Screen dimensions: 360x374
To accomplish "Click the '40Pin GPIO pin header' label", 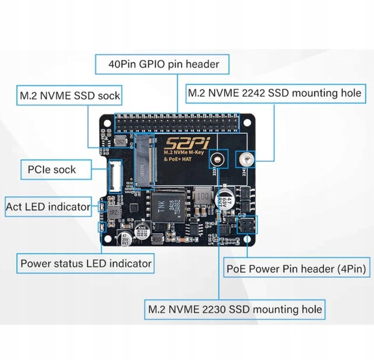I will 163,64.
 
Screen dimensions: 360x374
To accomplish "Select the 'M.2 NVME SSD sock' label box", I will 70,96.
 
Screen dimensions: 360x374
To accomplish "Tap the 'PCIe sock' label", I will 52,169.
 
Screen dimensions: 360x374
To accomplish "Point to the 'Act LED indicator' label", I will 48,206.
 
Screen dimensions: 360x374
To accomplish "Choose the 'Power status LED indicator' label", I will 86,263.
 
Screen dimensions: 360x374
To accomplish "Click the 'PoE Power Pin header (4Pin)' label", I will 296,269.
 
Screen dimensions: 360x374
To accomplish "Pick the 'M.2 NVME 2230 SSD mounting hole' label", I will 235,309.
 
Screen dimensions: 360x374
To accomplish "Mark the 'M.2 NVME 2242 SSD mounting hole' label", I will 274,93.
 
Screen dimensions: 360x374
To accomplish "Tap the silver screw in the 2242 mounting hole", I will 246,159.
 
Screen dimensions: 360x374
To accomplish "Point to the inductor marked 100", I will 202,196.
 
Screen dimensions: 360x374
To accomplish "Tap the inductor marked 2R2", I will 121,142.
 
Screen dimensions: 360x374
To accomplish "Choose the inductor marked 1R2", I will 114,213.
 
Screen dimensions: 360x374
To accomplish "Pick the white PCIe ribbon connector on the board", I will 115,176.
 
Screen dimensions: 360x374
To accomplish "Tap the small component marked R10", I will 157,239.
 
